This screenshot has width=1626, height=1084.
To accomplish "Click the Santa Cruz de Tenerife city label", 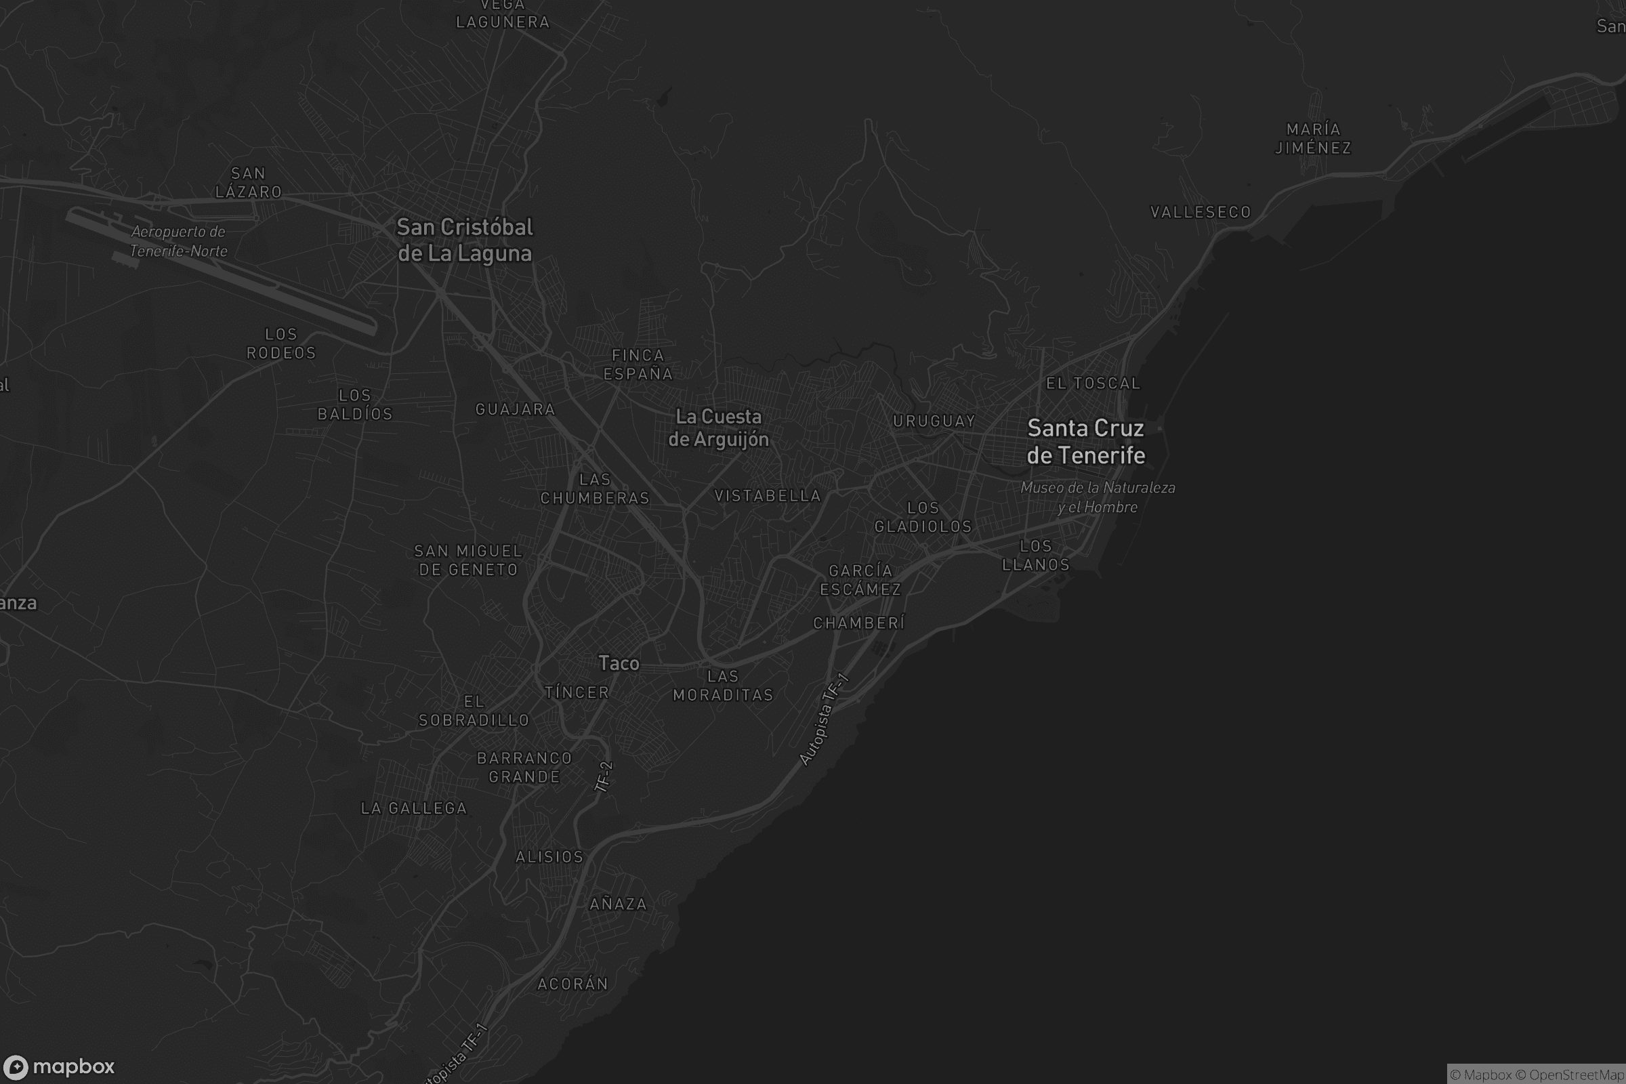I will tap(1085, 442).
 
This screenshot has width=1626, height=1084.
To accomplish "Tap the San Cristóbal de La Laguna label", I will tap(465, 240).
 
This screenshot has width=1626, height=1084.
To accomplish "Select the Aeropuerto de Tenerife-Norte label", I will tap(178, 241).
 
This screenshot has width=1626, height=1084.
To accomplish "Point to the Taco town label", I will tap(619, 664).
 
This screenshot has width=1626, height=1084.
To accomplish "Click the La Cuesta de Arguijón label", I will tap(718, 428).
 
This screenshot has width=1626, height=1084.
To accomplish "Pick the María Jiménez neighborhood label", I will tap(1313, 138).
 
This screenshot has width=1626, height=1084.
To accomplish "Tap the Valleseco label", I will tap(1200, 212).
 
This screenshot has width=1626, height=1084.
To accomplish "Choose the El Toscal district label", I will tap(1093, 383).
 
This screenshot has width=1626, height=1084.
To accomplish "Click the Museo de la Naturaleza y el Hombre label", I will tap(1098, 497).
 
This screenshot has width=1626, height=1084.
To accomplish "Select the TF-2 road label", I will tap(604, 776).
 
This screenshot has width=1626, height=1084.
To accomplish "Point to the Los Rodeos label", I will tap(281, 343).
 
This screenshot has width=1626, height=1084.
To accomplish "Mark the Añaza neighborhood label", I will tap(618, 904).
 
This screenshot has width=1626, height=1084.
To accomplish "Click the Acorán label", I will tap(572, 984).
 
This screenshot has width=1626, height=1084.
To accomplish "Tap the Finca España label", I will tap(638, 364).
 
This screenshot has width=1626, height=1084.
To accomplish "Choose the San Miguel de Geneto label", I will tap(468, 561).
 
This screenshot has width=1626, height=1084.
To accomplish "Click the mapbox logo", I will tap(59, 1066).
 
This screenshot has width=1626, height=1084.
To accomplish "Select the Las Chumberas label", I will tap(595, 488).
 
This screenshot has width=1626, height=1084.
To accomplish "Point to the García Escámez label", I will tap(860, 580).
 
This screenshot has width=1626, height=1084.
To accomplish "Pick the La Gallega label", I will tap(414, 808).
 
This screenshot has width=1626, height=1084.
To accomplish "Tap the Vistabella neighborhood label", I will tap(768, 496).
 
